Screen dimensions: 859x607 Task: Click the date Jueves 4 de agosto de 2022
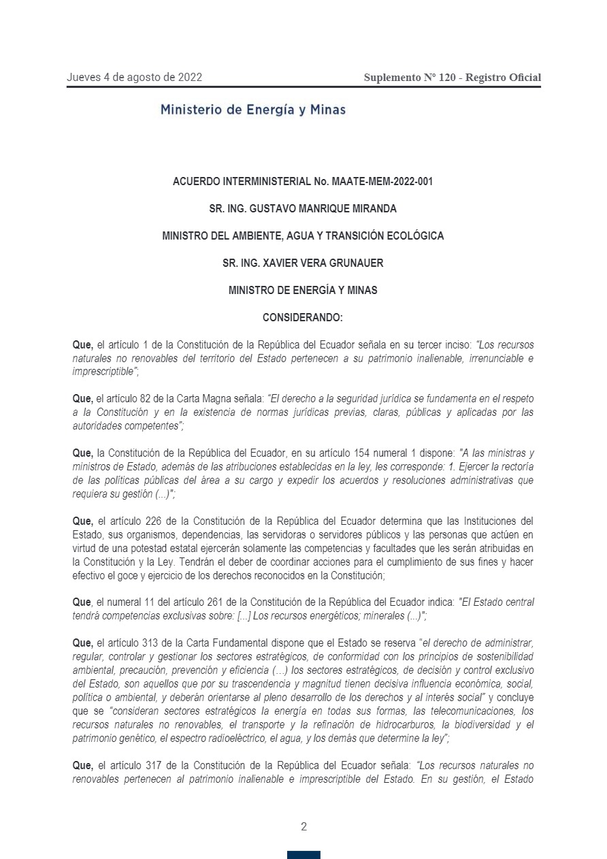[x=134, y=78]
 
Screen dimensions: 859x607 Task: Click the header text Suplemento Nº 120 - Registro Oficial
[x=452, y=78]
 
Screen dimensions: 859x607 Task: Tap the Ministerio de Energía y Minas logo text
[x=252, y=110]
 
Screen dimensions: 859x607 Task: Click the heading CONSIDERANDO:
[x=303, y=317]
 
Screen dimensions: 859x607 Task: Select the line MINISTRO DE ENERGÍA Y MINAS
[x=303, y=290]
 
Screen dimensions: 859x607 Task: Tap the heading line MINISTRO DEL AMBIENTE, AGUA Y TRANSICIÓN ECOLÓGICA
[x=303, y=236]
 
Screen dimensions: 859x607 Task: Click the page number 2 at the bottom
[x=303, y=827]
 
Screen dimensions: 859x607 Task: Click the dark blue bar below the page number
[x=303, y=855]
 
